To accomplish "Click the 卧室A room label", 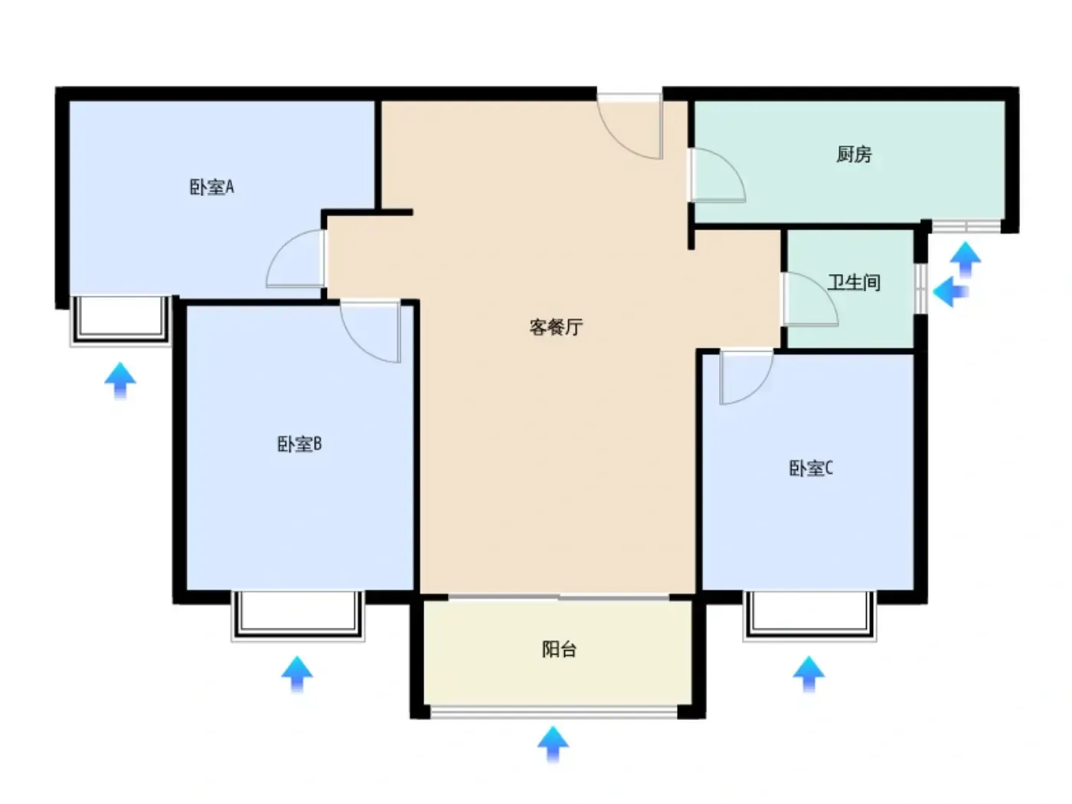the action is [x=211, y=187].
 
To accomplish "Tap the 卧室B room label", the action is [x=299, y=444].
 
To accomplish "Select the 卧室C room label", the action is [x=811, y=469].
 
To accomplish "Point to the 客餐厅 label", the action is [x=556, y=327].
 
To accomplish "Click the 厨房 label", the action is [x=855, y=154].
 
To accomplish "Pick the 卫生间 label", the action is [x=855, y=283].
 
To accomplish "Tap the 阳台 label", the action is [x=560, y=649].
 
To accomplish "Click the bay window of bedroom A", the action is [x=120, y=320].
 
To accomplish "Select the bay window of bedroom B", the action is [x=298, y=616].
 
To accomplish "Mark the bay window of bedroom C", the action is [x=809, y=616].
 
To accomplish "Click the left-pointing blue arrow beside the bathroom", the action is [x=950, y=292].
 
